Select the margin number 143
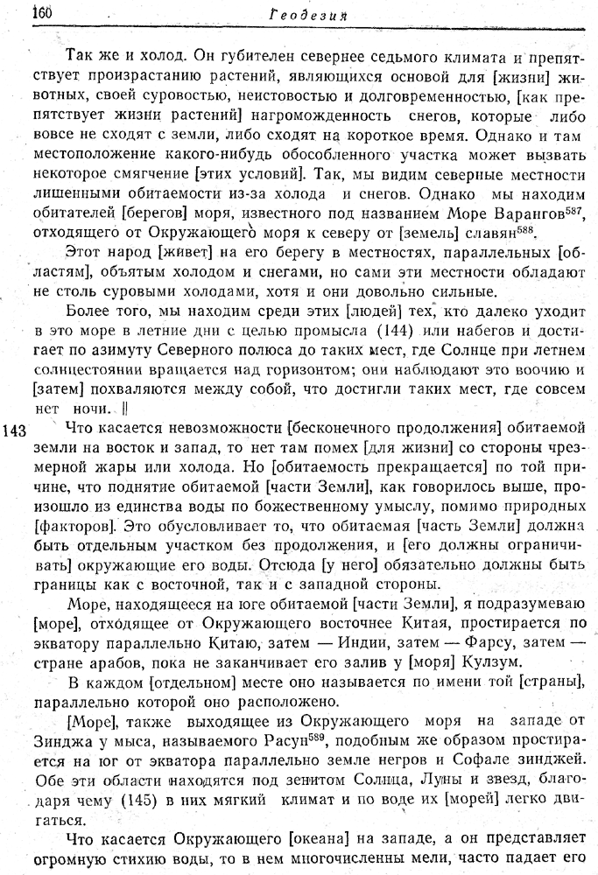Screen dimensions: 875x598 coord(18,430)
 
